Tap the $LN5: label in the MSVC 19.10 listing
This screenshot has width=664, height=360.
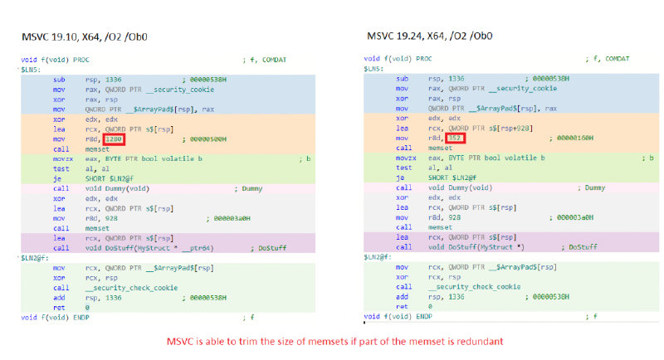coord(32,70)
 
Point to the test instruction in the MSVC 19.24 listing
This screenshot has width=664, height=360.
coord(403,168)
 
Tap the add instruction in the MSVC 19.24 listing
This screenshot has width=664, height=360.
coord(402,296)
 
